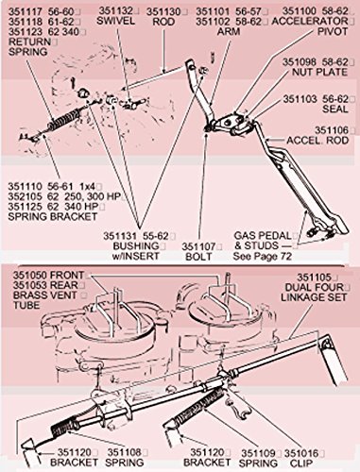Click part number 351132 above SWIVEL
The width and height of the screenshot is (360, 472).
tap(116, 11)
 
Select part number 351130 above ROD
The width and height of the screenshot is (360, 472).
tap(163, 12)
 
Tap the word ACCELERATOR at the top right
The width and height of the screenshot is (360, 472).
tap(310, 22)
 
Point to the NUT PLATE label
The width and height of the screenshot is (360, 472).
tap(319, 72)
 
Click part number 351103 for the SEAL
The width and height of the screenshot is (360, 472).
tap(300, 99)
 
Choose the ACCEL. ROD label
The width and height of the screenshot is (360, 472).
tap(317, 140)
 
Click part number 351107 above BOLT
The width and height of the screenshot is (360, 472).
tap(198, 246)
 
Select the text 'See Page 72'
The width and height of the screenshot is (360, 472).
tap(263, 256)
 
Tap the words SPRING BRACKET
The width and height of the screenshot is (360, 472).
tap(53, 216)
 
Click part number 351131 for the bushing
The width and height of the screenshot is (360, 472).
tap(120, 236)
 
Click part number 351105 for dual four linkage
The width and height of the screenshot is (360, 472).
tap(315, 278)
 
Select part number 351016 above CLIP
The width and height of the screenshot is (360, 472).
tap(301, 453)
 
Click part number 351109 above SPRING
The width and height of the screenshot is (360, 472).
tap(258, 453)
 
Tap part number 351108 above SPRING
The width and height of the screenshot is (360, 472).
tap(125, 452)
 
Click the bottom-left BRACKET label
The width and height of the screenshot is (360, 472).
tap(75, 463)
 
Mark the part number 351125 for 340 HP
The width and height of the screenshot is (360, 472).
tap(25, 207)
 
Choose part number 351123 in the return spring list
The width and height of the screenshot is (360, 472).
tap(26, 32)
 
